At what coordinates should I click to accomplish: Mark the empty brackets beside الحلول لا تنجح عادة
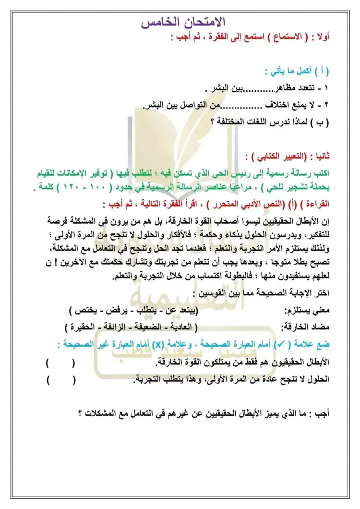click(x=60, y=380)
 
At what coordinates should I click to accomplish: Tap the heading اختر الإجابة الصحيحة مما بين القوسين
click(x=265, y=292)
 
